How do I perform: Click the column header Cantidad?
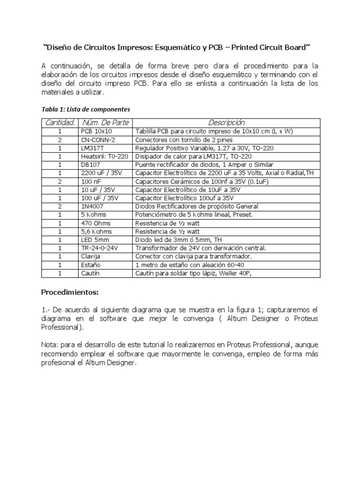coord(60,123)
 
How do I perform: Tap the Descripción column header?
coord(226,123)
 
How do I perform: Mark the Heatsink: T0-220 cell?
coord(105,156)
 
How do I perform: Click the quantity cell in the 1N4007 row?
coord(60,206)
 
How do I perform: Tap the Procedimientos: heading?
coord(70,292)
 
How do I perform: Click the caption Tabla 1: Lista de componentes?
coord(86,109)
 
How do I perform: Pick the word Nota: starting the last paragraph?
coord(50,344)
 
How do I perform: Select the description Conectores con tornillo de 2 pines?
coord(183,140)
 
